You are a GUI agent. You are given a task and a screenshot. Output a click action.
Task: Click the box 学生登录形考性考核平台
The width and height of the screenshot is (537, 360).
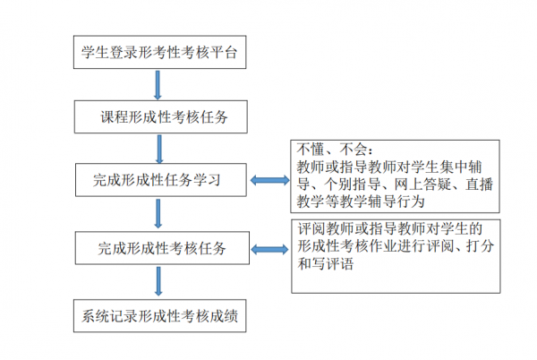pos(159,53)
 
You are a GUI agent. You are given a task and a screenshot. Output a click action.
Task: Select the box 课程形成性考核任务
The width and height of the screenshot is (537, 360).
pos(159,116)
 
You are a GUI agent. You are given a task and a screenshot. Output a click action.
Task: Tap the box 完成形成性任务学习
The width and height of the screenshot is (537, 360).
pos(159,181)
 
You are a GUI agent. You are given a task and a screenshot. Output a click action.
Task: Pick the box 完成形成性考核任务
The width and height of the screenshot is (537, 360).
pos(159,248)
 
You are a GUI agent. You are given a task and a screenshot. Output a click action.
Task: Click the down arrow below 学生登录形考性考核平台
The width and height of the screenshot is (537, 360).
pos(158,84)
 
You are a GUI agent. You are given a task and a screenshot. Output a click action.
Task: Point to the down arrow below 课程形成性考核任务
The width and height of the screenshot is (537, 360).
pos(158,149)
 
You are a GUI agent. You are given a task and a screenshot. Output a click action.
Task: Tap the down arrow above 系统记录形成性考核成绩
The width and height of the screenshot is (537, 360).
pos(158,281)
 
